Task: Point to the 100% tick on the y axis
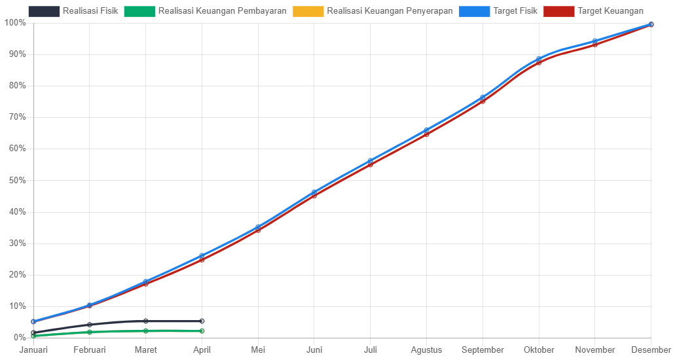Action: coord(15,23)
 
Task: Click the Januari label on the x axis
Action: coord(33,350)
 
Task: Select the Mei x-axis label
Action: coord(258,350)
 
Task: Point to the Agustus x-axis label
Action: coord(426,350)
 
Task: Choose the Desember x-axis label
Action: coord(651,350)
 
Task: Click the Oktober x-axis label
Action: coord(539,350)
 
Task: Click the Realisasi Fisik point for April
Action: coord(202,321)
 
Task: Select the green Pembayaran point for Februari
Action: coord(90,333)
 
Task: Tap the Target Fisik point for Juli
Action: coord(370,160)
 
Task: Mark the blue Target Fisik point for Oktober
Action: coord(539,59)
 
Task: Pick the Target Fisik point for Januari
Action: coord(33,321)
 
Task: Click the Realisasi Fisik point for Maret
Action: coord(145,321)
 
